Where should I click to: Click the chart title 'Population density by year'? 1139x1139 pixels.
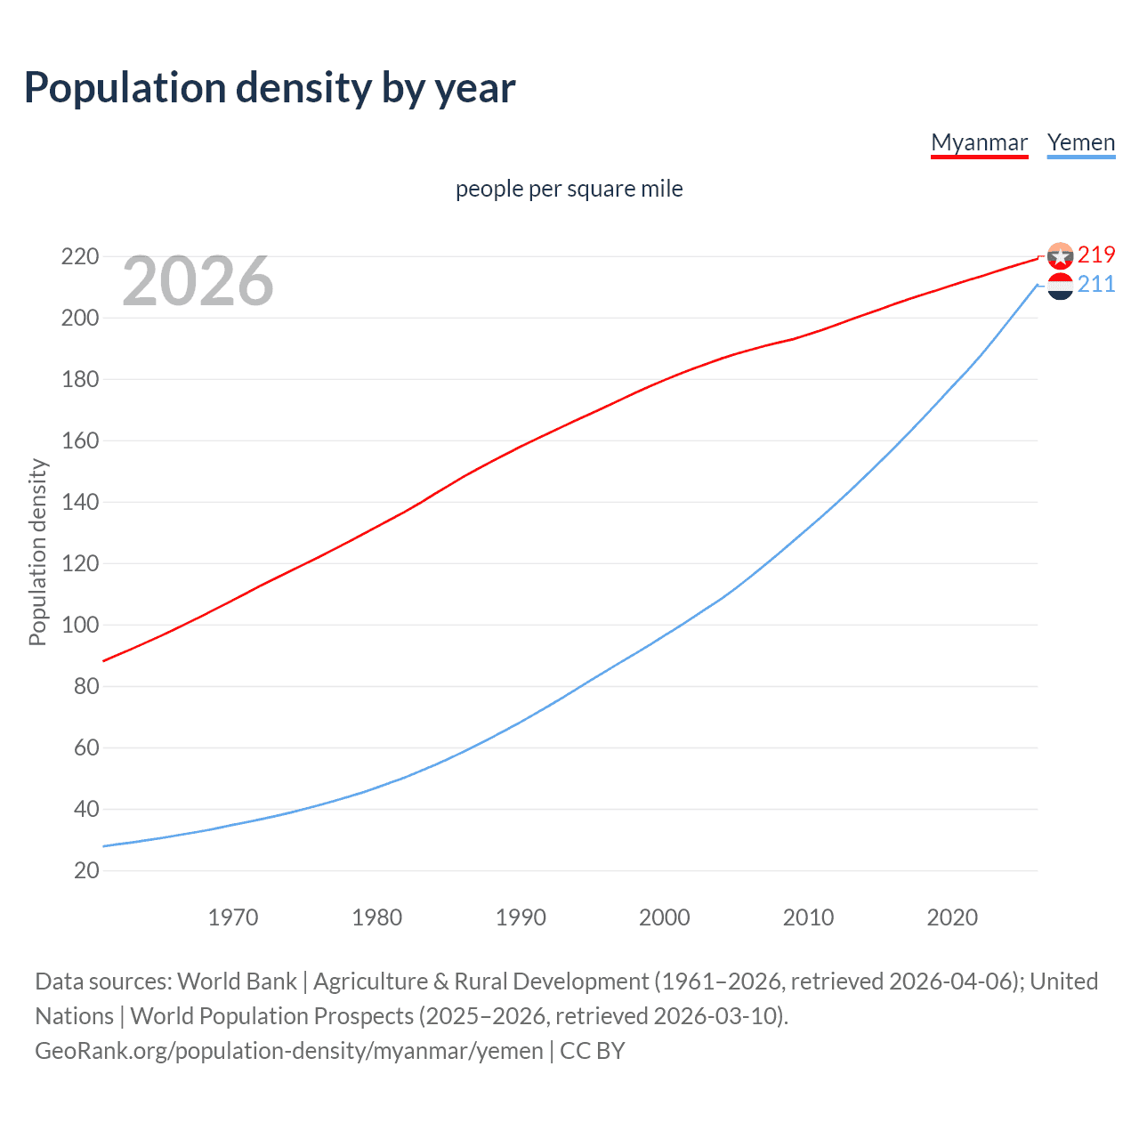(270, 88)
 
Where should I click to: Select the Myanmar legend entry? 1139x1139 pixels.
(979, 142)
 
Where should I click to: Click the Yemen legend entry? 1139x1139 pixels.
(1080, 142)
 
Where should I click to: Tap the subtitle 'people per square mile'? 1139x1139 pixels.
(569, 189)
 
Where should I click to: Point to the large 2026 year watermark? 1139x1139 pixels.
(198, 281)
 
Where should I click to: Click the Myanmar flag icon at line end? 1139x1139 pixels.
(1060, 256)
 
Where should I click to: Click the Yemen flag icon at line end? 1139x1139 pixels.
(1060, 287)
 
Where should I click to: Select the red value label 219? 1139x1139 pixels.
(1096, 254)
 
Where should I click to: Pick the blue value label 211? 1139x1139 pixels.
(1096, 284)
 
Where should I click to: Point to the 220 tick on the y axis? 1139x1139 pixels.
(80, 256)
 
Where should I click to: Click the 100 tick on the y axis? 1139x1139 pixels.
(80, 625)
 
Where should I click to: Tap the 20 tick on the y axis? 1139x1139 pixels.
(86, 870)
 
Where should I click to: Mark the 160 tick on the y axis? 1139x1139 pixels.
(80, 440)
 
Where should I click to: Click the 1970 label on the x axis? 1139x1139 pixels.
(233, 917)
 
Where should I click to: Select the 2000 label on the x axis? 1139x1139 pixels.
(665, 917)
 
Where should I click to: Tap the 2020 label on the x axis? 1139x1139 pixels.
(952, 917)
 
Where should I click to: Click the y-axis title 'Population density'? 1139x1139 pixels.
(37, 552)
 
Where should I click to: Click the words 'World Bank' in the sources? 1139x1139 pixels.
(237, 981)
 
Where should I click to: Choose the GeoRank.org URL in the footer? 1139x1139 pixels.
(288, 1051)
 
